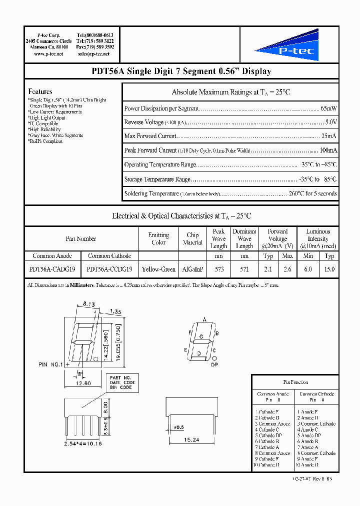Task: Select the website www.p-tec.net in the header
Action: click(48, 54)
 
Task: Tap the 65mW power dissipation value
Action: click(328, 108)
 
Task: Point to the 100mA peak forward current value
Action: click(328, 150)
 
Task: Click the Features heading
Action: click(40, 91)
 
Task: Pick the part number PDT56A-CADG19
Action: click(52, 269)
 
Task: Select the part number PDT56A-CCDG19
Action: click(109, 269)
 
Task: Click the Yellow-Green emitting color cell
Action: click(158, 269)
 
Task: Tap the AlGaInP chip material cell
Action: click(192, 269)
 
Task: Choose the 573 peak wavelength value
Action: click(219, 269)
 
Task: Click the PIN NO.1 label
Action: click(50, 364)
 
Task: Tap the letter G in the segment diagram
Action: click(201, 336)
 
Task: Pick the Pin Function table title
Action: click(295, 382)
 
